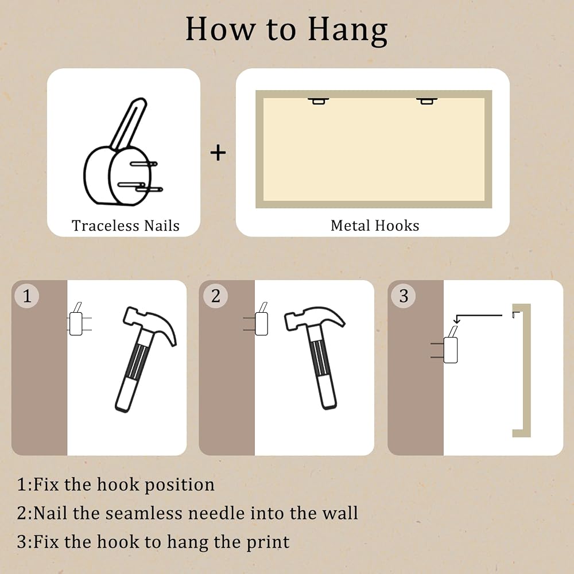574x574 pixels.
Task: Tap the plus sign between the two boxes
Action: pyautogui.click(x=218, y=153)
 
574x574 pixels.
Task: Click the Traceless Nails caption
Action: pyautogui.click(x=126, y=226)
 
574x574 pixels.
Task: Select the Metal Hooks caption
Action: pyautogui.click(x=375, y=226)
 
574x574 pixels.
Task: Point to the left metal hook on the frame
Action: pyautogui.click(x=318, y=101)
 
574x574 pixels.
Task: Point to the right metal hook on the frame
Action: pyautogui.click(x=427, y=101)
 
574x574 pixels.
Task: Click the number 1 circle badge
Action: pyautogui.click(x=27, y=296)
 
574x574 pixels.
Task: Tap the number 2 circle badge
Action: pyautogui.click(x=216, y=296)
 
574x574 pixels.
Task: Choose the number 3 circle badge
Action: pyautogui.click(x=404, y=296)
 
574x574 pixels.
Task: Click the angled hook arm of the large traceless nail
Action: pyautogui.click(x=129, y=124)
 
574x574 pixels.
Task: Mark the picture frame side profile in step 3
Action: pyautogui.click(x=526, y=370)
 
